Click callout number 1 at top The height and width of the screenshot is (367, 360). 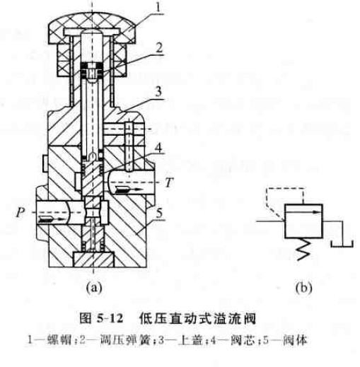click(x=158, y=7)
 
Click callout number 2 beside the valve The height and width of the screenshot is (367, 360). click(x=159, y=48)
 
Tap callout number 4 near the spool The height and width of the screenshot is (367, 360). click(x=158, y=148)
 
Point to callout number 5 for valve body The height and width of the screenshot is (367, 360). click(x=159, y=213)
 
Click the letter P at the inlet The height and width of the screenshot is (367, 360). click(x=21, y=212)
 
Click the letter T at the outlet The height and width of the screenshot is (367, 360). click(x=169, y=182)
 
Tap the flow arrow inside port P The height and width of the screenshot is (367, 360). click(x=52, y=219)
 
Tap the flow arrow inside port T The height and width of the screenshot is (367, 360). click(x=129, y=190)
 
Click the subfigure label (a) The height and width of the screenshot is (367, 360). click(x=94, y=287)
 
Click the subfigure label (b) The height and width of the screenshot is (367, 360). click(x=303, y=287)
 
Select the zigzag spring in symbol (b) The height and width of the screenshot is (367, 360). click(x=303, y=249)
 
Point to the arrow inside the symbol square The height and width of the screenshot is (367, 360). click(x=303, y=212)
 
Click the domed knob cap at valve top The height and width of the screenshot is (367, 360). click(x=92, y=28)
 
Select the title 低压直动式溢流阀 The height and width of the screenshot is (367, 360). click(x=197, y=319)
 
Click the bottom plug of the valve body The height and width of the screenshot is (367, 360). click(x=93, y=260)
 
